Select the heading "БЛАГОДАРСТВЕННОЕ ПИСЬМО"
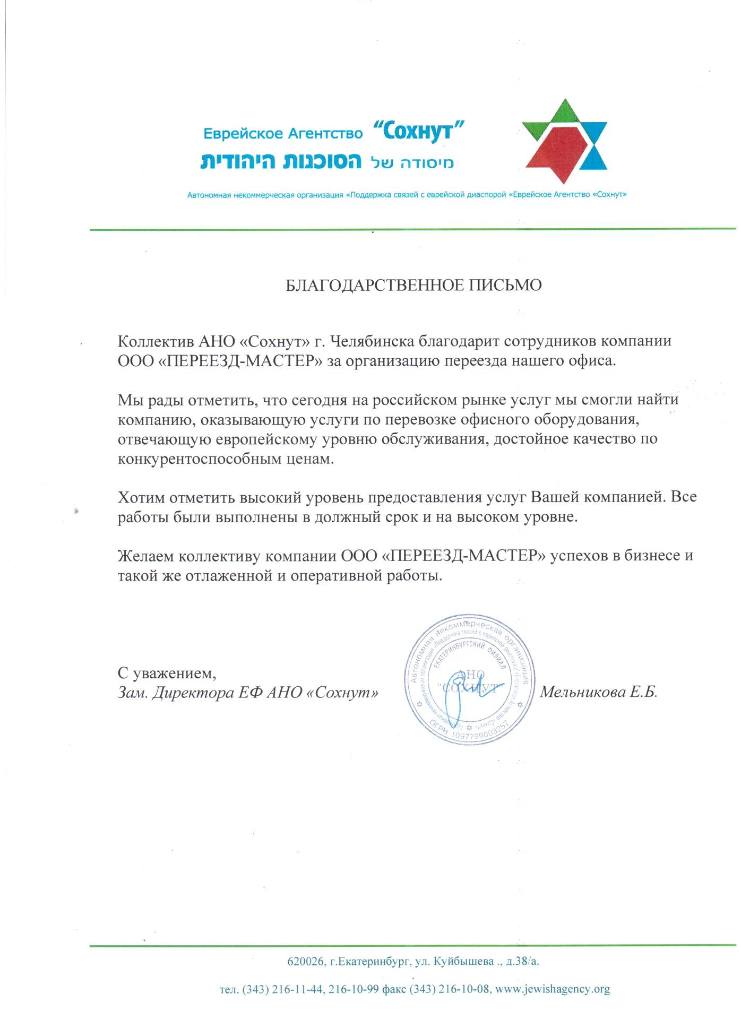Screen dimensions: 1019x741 (413, 286)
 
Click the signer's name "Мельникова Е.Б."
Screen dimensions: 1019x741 (599, 692)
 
